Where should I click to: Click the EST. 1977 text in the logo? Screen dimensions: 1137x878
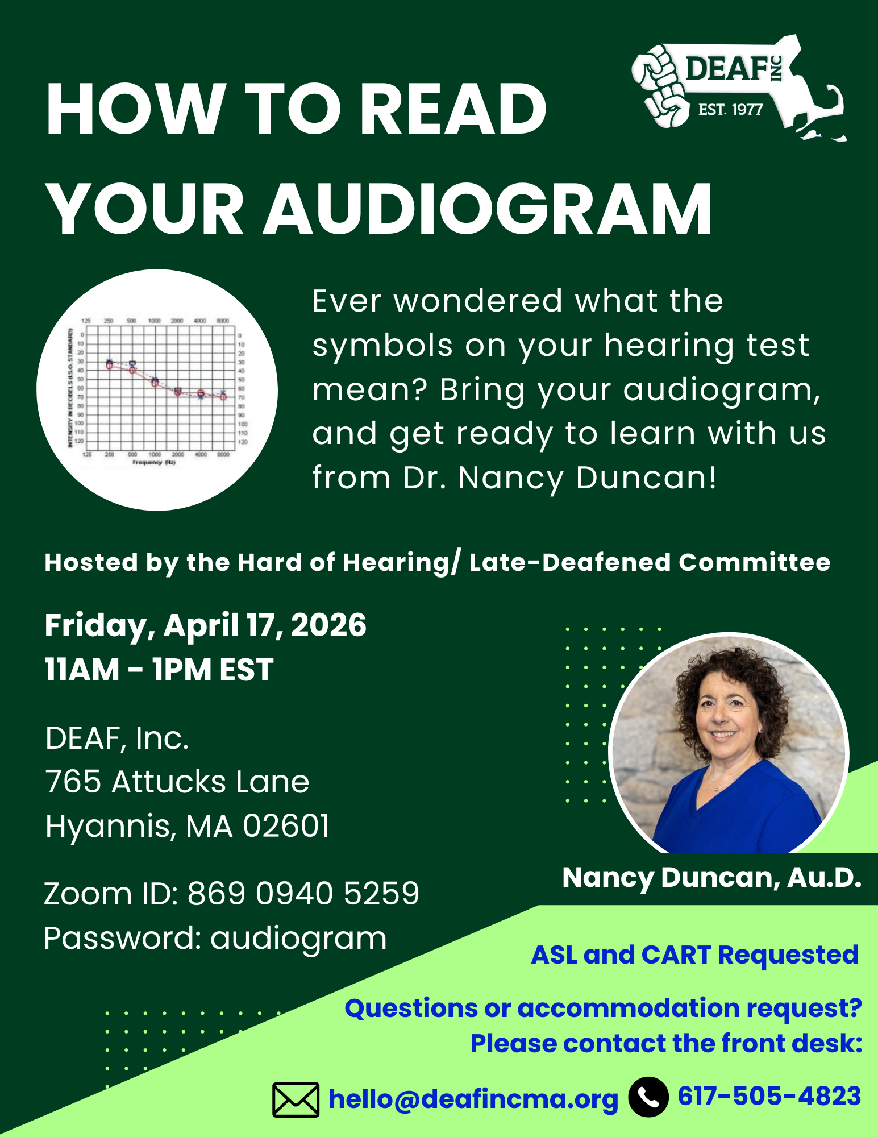(730, 110)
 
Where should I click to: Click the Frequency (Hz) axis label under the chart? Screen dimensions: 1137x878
(154, 463)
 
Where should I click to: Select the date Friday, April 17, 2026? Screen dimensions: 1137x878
(205, 626)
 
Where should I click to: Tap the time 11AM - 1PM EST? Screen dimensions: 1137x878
(159, 670)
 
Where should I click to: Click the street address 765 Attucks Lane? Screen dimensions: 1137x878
(177, 782)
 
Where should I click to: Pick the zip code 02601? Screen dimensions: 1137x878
(286, 826)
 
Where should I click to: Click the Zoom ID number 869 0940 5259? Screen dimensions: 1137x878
(303, 894)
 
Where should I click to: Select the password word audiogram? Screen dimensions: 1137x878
(298, 938)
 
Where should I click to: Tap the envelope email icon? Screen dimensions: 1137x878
(296, 1099)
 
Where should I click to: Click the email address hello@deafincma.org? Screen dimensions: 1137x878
(473, 1099)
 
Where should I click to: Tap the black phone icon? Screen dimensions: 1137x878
(648, 1097)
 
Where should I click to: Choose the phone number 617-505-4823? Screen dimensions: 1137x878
(769, 1096)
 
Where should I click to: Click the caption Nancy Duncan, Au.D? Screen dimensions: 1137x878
(711, 878)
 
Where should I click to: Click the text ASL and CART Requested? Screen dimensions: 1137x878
(694, 955)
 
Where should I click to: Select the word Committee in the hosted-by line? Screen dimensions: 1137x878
(754, 562)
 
